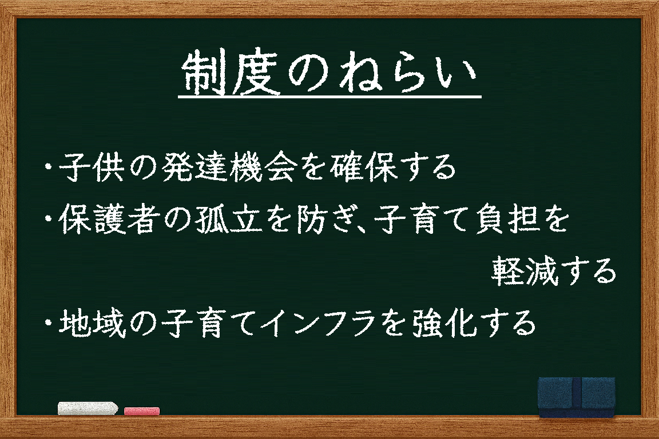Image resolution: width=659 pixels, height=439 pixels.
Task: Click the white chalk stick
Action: point(88,408)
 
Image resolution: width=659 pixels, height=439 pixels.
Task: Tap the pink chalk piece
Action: point(142,411)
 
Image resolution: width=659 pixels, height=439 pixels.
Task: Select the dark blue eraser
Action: point(577,397)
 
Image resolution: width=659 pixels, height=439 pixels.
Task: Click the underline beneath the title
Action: point(330,98)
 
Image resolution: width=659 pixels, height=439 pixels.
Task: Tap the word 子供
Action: point(91,167)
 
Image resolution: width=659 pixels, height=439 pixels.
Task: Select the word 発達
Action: point(194,167)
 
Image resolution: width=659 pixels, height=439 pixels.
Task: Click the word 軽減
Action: point(525,272)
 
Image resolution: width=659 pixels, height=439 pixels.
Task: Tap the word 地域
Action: point(92,323)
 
